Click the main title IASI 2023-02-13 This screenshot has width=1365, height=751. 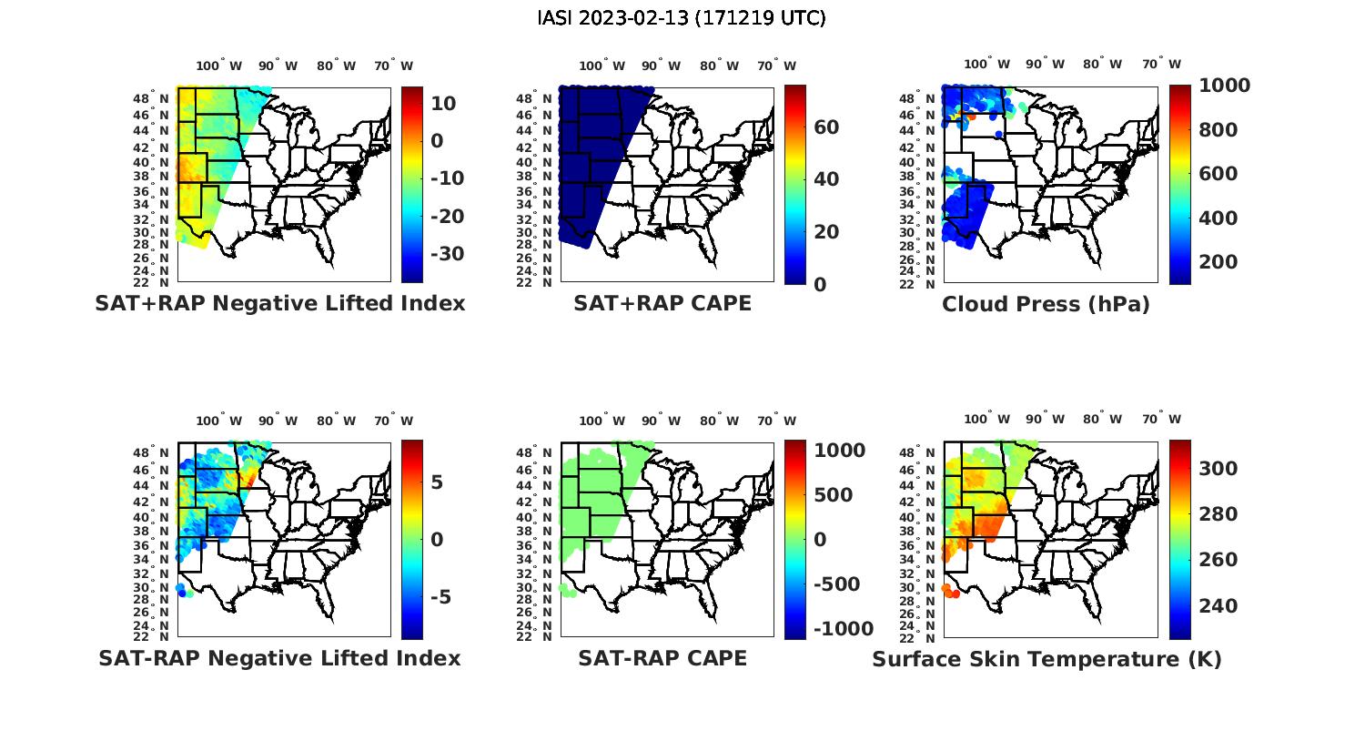(x=682, y=18)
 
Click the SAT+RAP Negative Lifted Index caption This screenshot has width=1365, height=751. (x=279, y=303)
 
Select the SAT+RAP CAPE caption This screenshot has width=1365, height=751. (x=662, y=303)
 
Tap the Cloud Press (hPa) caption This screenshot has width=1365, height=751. (x=1046, y=304)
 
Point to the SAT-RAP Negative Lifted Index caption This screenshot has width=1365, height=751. (x=279, y=658)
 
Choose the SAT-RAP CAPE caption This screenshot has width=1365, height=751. (x=662, y=658)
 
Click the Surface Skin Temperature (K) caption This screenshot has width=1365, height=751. (x=1046, y=659)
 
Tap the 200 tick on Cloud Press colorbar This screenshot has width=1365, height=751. (x=1218, y=262)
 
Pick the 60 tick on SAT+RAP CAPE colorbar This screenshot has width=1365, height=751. (x=826, y=127)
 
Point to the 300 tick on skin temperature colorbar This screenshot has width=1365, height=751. (x=1218, y=469)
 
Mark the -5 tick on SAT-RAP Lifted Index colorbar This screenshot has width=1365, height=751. (x=439, y=597)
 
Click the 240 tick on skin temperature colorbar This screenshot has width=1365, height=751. (x=1218, y=606)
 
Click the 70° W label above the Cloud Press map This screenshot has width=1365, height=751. (x=1161, y=65)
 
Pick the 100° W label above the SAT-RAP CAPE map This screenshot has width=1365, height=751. (x=602, y=421)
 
